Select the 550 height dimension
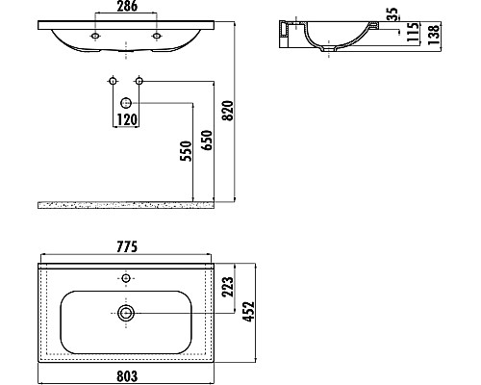[185, 153]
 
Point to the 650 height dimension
[204, 145]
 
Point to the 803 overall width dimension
[126, 375]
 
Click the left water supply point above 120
[113, 79]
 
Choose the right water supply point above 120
[139, 79]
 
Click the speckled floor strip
[125, 204]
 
